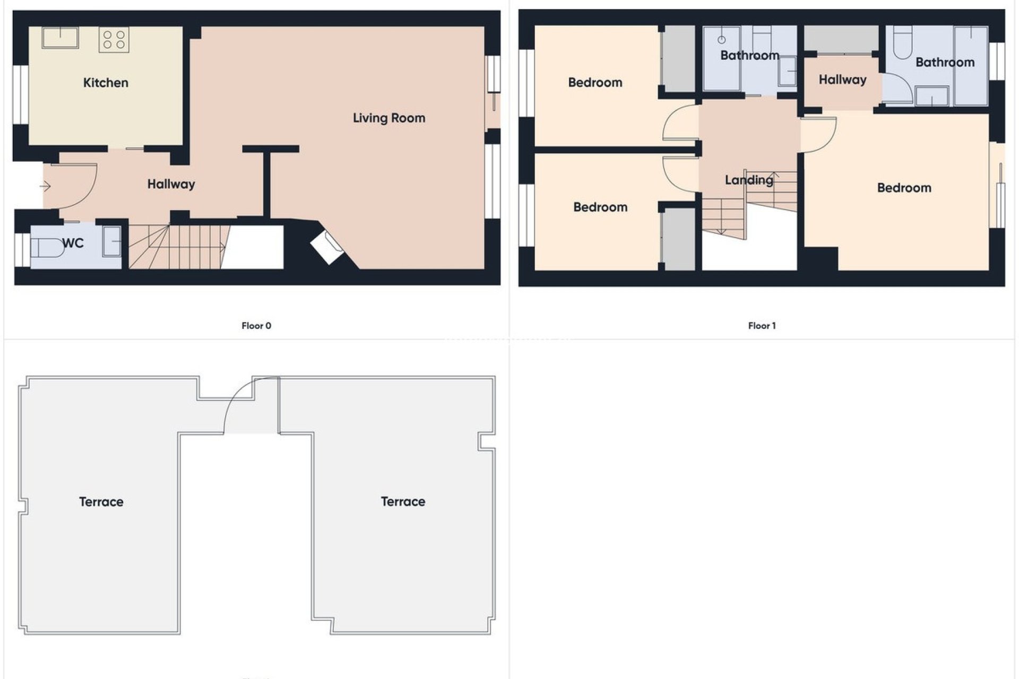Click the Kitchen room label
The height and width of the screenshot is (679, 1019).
coord(106,83)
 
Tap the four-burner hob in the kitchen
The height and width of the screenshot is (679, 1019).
coord(114,40)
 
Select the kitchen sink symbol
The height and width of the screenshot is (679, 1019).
coord(60,38)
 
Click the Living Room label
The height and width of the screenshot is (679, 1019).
coord(389,118)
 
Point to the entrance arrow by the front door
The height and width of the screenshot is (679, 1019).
coord(45,186)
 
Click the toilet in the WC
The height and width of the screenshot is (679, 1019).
coord(47,248)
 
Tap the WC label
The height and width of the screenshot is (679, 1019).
coord(73,243)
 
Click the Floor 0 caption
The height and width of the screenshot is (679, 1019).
coord(256,326)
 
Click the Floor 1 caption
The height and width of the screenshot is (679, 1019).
coord(762,326)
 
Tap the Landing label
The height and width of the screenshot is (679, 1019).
coord(749,180)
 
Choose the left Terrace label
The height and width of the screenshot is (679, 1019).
coord(101,502)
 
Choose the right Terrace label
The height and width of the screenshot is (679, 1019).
coord(403,502)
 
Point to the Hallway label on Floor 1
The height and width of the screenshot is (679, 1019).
coord(842,80)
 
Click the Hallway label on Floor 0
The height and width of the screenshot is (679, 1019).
coord(171,184)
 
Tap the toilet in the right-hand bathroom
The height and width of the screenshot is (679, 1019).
coord(902,42)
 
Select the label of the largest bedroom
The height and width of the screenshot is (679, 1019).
coord(904,188)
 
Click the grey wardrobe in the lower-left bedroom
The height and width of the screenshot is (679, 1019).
coord(679,239)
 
